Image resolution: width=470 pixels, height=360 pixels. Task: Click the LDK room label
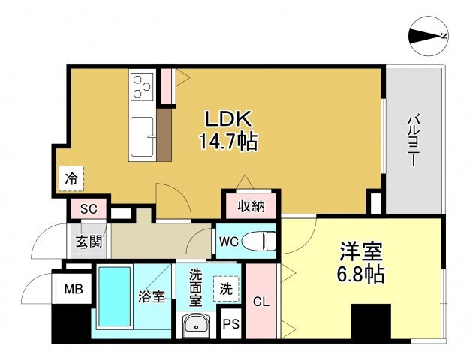point(227,119)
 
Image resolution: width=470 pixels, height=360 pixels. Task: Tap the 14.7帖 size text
point(228,142)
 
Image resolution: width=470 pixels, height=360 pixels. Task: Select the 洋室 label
point(361,251)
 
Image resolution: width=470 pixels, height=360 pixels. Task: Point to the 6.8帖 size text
point(361,274)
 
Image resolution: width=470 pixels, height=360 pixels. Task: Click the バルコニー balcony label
point(414,139)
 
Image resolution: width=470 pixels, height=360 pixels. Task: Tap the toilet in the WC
point(259,240)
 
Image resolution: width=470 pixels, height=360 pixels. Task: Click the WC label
point(229,241)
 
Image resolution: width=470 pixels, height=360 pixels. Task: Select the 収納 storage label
point(252,206)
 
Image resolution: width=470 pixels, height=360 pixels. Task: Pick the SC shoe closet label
point(89,208)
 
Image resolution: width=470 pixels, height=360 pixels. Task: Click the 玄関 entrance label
point(89,241)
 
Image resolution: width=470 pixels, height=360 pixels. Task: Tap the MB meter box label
point(74,289)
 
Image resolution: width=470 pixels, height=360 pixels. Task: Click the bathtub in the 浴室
point(115,296)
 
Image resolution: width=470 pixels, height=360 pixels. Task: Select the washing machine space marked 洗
point(226,289)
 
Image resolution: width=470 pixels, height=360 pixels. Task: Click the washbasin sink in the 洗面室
point(196,325)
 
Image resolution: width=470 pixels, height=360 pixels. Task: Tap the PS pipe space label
point(231,324)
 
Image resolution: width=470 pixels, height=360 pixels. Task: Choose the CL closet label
point(261,302)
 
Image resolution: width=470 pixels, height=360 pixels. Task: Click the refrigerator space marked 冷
point(71,178)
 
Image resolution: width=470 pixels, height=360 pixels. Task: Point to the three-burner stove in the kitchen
point(142,86)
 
